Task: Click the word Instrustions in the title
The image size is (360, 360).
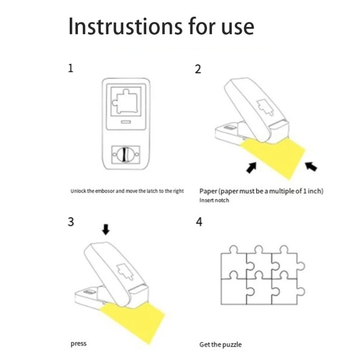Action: (125, 26)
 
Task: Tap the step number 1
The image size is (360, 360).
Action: (71, 68)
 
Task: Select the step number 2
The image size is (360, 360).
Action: (198, 69)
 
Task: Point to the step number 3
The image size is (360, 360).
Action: (71, 222)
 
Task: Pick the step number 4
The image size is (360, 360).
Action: (199, 222)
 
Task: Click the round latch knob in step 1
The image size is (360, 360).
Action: (125, 154)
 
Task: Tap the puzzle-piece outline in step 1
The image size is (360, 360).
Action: (125, 101)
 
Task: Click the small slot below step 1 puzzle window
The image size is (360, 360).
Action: (126, 122)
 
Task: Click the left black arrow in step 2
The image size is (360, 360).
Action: (251, 168)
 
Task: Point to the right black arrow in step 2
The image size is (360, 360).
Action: (311, 166)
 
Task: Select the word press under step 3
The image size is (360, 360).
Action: (78, 344)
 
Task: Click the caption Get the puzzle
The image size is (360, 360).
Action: (220, 345)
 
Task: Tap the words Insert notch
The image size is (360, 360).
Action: (214, 200)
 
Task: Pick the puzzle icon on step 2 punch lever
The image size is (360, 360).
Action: (265, 107)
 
